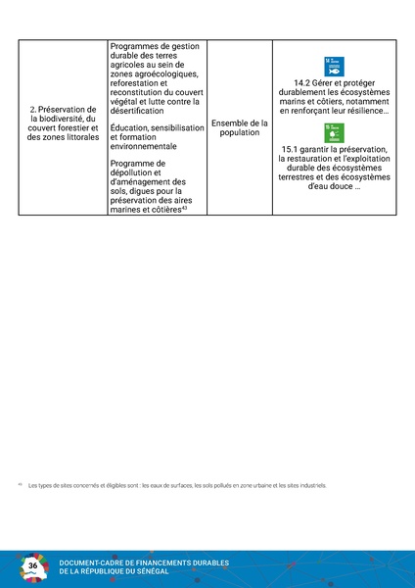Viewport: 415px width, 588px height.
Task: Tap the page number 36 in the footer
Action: click(x=33, y=566)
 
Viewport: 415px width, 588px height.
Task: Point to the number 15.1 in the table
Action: click(x=279, y=149)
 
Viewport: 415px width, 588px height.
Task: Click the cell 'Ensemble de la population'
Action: click(x=240, y=126)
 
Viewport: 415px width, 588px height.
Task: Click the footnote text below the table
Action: click(x=176, y=485)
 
